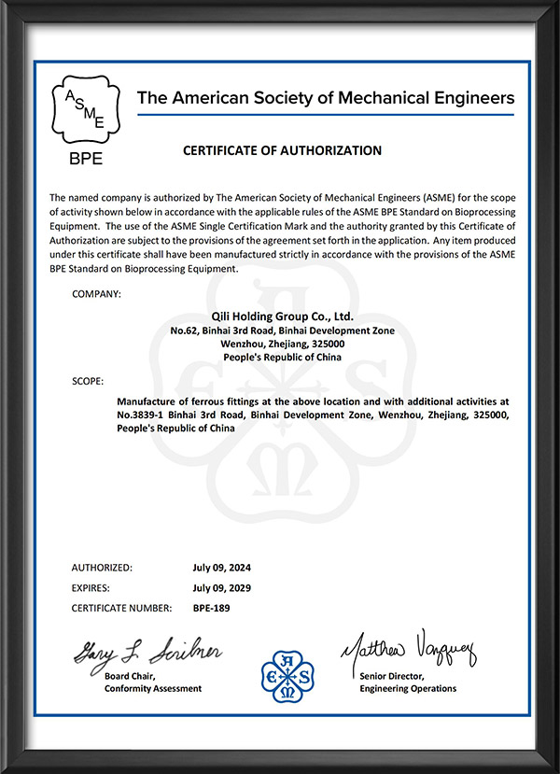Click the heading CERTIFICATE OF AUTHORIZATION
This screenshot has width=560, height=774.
[282, 150]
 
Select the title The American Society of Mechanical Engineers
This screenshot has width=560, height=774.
[326, 97]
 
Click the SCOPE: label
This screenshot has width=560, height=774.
[88, 382]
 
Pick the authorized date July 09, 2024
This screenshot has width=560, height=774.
[222, 568]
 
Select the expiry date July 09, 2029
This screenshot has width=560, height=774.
[222, 588]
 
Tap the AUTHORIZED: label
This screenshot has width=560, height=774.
[102, 568]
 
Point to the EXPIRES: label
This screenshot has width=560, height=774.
[91, 588]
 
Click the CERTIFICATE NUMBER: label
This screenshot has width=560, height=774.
[121, 609]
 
